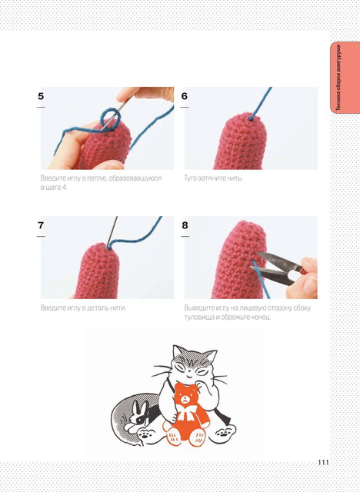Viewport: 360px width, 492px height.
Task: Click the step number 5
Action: click(41, 96)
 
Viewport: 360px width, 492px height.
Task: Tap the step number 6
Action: click(185, 96)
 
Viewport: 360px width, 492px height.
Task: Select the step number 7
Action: click(41, 225)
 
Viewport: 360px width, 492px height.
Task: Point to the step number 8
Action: click(185, 225)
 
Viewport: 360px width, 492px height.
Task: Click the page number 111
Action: click(323, 462)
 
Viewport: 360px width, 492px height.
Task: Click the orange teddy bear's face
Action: click(186, 396)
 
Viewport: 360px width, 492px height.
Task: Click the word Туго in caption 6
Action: click(191, 178)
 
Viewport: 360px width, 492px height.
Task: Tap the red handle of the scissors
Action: click(304, 271)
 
